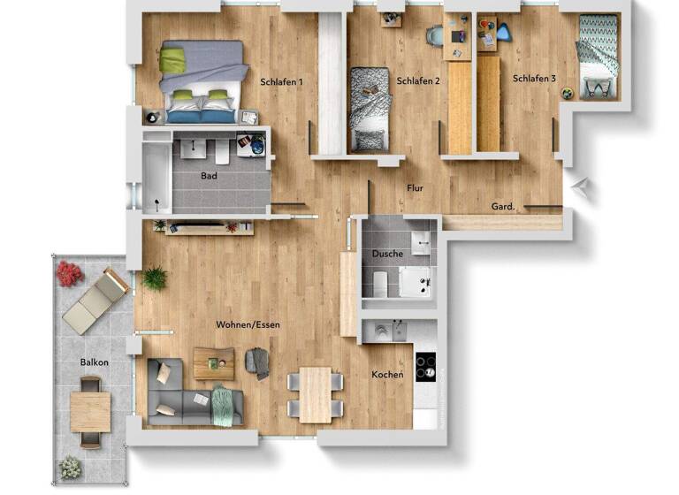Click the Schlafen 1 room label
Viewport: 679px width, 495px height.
282,82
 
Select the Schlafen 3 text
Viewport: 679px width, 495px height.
534,79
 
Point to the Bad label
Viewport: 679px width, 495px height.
209,176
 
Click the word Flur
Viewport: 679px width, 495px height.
415,188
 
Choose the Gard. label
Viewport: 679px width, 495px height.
504,207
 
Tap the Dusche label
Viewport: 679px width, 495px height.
387,254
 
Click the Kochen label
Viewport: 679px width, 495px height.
387,375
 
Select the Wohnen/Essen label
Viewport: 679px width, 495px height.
248,324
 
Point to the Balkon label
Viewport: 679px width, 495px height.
95,362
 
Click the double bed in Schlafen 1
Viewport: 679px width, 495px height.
202,80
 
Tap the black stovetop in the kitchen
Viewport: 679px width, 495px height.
425,366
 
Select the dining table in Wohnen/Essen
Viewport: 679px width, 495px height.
315,394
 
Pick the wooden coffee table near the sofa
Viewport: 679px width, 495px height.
214,362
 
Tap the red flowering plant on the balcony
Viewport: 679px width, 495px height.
70,274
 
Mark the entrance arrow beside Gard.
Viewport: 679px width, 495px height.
580,186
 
